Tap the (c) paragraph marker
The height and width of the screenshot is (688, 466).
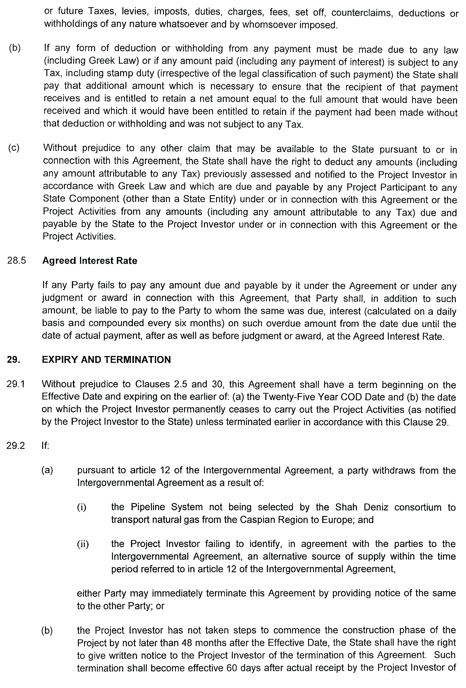click(14, 148)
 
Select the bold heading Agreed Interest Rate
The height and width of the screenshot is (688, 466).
click(90, 260)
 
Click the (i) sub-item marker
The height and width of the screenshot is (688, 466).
click(82, 507)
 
